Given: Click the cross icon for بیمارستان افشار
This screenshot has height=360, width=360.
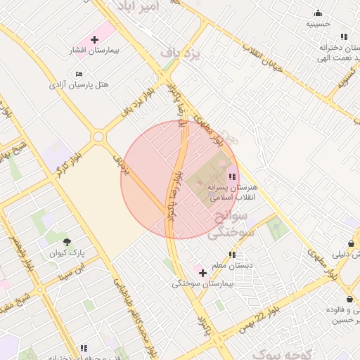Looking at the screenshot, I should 94,39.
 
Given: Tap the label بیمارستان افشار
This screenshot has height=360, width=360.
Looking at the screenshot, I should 119,51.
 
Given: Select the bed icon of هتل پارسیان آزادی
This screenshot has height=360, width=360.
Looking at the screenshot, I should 79,73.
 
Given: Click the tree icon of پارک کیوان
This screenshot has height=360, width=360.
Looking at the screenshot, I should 67,240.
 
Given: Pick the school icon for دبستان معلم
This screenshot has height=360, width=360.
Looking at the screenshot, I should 231,255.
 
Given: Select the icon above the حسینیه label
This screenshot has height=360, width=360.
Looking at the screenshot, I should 319,12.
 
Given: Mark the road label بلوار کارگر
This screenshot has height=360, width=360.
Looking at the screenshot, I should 70,162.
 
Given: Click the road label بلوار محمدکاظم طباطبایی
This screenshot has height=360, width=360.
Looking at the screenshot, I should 134,316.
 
